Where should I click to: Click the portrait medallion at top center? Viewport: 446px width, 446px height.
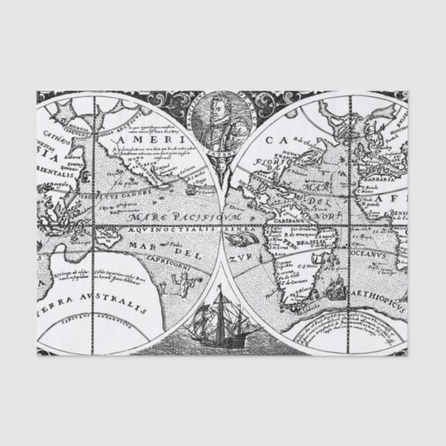(222, 123)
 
